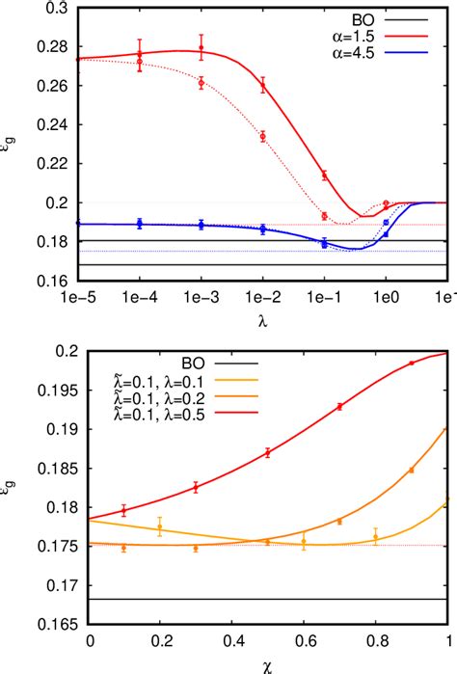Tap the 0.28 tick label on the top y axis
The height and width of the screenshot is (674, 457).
[x=61, y=47]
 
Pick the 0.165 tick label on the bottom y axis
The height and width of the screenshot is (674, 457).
[x=56, y=625]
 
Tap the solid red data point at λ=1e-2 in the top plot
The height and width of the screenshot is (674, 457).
[x=262, y=87]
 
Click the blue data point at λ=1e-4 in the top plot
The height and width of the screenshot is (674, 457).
[x=140, y=224]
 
